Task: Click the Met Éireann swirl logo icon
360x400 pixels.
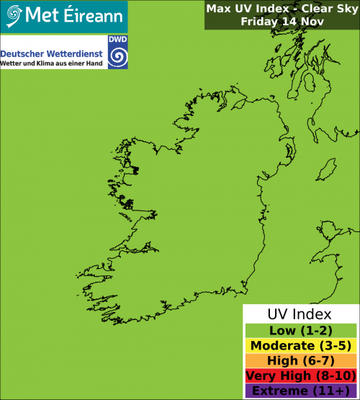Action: tap(13, 14)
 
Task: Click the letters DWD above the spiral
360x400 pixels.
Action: tap(117, 42)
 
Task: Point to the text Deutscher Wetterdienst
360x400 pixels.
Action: tap(52, 54)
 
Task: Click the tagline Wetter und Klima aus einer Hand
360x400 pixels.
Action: tap(53, 65)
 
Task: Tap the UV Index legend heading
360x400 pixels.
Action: tap(300, 314)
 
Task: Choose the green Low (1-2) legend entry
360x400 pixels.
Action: tap(300, 331)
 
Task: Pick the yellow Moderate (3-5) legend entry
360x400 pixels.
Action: tap(300, 346)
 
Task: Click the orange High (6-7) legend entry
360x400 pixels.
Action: tap(300, 361)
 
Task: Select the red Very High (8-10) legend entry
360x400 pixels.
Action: tap(300, 376)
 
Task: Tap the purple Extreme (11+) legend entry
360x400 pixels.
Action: tap(300, 391)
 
